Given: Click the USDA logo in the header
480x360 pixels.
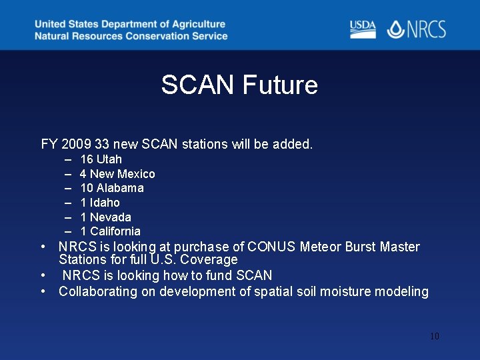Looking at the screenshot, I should click(x=363, y=29).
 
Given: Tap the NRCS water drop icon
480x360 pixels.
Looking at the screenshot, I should click(x=396, y=29).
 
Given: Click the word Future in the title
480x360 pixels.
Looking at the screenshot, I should click(x=280, y=85).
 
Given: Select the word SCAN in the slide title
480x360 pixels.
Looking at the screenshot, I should click(x=197, y=85).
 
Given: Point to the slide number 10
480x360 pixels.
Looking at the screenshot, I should click(x=434, y=336).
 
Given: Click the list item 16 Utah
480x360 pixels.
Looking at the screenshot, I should click(x=101, y=159).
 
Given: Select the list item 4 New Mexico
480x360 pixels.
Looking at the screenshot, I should click(x=117, y=174).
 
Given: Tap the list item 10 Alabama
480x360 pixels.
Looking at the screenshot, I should click(x=111, y=188).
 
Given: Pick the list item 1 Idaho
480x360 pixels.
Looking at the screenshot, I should click(x=100, y=203).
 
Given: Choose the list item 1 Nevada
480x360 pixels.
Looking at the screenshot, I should click(x=105, y=217).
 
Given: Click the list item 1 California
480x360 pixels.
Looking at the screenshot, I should click(x=110, y=231).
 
